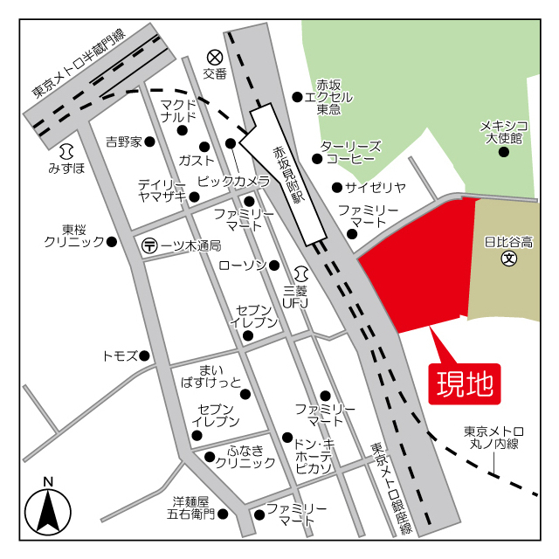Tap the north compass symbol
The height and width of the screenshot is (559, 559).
tap(48, 509)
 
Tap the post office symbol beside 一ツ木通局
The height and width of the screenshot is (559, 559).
tap(149, 246)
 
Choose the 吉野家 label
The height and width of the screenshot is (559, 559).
tap(123, 141)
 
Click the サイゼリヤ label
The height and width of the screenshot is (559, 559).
tap(376, 187)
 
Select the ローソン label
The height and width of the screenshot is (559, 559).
tap(242, 265)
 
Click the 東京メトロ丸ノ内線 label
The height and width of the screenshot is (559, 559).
tap(493, 438)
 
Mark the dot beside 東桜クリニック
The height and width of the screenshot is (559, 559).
tap(111, 242)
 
